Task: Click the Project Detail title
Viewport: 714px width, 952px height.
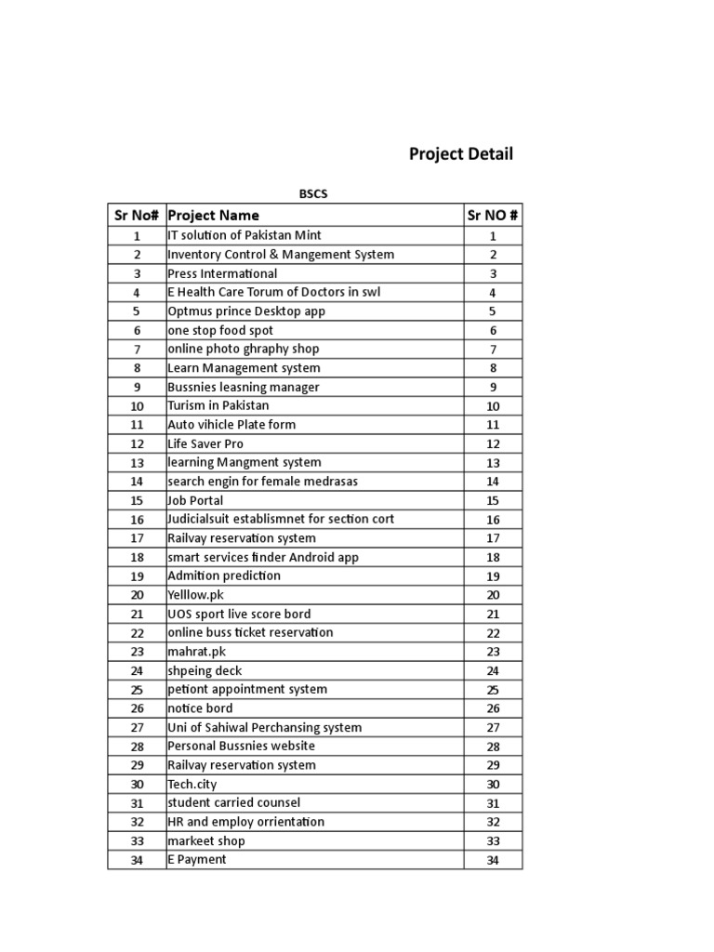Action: coord(460,154)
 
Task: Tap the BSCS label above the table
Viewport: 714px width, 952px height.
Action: coord(313,194)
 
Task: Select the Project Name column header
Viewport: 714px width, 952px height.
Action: coord(213,216)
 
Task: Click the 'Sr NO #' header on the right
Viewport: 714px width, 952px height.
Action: coord(493,216)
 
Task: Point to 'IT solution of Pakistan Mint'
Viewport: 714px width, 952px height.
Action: coord(245,236)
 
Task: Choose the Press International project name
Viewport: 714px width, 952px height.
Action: coord(222,273)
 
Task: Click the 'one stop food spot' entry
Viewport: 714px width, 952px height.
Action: coord(220,330)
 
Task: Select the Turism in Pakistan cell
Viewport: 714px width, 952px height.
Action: coord(218,406)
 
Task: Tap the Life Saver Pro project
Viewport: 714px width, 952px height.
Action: coord(205,444)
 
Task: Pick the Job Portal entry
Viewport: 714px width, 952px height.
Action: coord(195,500)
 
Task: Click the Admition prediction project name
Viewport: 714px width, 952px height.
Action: coord(224,575)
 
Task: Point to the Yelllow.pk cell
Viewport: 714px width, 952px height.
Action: coord(196,595)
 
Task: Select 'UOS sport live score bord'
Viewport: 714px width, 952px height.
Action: coord(239,614)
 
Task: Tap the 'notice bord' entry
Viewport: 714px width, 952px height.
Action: coord(200,708)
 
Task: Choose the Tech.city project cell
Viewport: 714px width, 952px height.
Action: coord(192,784)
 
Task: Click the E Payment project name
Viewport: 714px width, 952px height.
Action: coord(196,860)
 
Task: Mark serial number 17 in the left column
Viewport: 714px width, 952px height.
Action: coord(137,538)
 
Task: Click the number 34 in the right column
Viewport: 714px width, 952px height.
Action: coord(493,860)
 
